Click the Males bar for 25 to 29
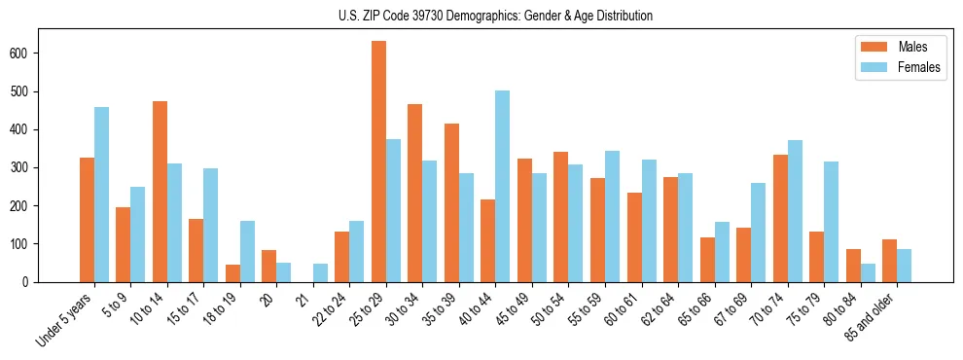pos(378,162)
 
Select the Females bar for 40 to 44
pos(503,187)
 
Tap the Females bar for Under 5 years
pos(101,195)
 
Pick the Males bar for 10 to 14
pos(160,192)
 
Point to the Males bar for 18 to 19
pos(232,273)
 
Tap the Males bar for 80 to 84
pos(853,266)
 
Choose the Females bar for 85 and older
pos(904,266)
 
